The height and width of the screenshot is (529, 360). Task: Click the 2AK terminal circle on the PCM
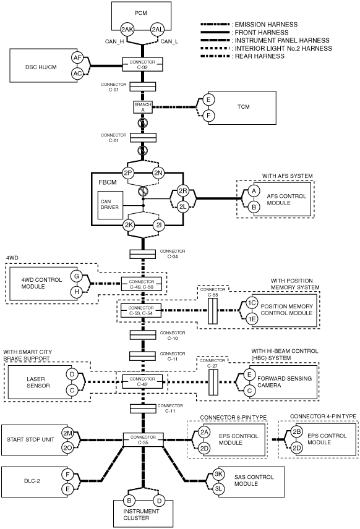[x=127, y=29]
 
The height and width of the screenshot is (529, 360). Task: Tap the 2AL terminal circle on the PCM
[x=157, y=29]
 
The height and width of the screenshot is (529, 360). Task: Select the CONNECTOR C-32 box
[x=142, y=64]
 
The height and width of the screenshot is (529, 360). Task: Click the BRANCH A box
[x=142, y=107]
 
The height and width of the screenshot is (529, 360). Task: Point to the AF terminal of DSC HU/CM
[x=78, y=57]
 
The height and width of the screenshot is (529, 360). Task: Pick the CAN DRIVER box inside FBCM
[x=110, y=205]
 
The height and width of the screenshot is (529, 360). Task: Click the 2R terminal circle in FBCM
[x=182, y=191]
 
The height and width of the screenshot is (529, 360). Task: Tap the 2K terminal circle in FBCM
[x=129, y=226]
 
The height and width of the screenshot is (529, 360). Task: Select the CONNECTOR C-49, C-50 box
[x=141, y=284]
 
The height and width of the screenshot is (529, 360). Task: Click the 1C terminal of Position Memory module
[x=252, y=303]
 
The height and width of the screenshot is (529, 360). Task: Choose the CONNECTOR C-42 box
[x=142, y=381]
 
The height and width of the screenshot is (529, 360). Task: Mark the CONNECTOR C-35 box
[x=143, y=439]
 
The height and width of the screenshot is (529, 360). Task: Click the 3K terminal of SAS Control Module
[x=218, y=474]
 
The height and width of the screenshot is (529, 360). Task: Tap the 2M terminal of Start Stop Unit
[x=67, y=433]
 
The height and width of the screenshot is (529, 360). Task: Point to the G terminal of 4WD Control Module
[x=77, y=276]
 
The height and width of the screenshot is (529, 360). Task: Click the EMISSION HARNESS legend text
[x=266, y=24]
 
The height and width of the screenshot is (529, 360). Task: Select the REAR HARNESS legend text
[x=260, y=56]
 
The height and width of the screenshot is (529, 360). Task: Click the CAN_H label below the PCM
[x=114, y=41]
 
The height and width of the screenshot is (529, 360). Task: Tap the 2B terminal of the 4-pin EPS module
[x=296, y=432]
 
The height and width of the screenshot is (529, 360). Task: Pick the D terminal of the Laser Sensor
[x=72, y=374]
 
